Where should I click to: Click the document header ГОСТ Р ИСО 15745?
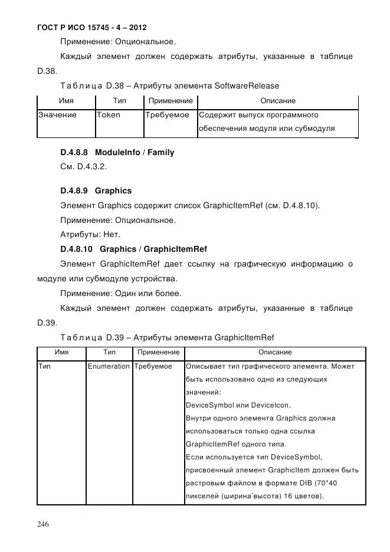(91, 28)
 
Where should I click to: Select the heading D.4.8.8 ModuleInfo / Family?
(117, 152)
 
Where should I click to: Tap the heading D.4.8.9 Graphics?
(96, 190)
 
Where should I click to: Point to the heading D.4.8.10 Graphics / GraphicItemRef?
(133, 248)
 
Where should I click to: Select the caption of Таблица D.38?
(169, 86)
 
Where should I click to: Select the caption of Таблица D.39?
(167, 337)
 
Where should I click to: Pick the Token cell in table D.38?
(108, 115)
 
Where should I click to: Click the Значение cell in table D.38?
(57, 115)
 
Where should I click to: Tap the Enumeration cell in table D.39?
(108, 366)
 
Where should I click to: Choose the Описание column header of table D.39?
(275, 352)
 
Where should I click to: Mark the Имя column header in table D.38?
(66, 101)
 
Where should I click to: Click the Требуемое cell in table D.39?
(153, 366)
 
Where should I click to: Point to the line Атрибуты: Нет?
(90, 234)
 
